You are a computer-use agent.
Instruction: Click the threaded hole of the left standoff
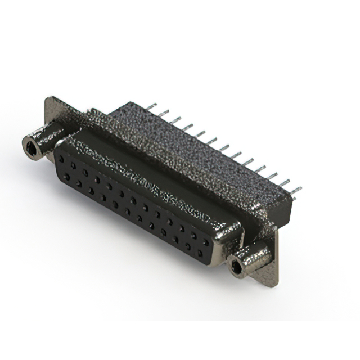tap(30, 148)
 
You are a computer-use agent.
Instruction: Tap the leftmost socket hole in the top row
tap(61, 159)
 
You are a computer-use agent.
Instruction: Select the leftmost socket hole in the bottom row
tap(66, 177)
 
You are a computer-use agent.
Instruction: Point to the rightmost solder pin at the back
tap(296, 190)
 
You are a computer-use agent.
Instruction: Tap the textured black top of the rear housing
tap(186, 146)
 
